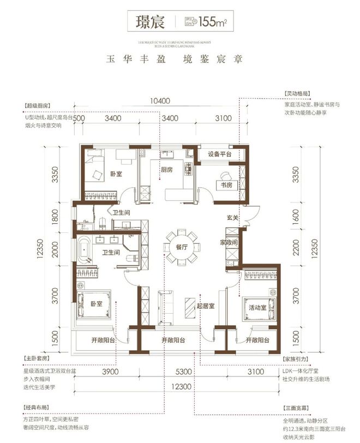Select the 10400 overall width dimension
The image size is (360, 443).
158,101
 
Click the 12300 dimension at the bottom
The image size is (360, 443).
178,385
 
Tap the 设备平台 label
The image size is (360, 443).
220,154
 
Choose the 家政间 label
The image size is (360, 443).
229,242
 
